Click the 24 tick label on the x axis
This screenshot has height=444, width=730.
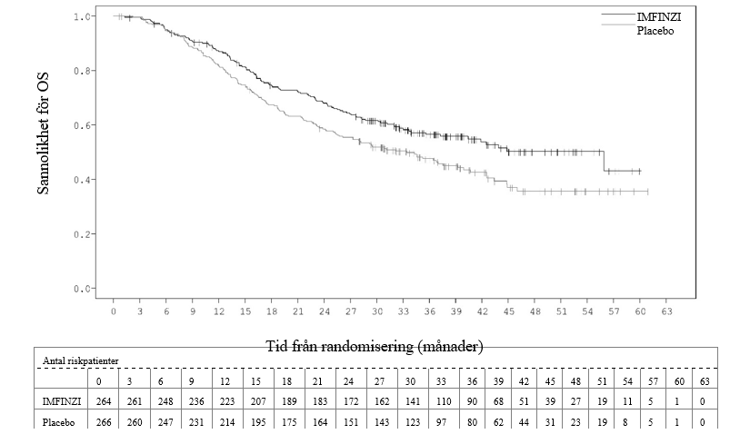325,311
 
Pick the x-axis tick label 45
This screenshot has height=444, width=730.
509,311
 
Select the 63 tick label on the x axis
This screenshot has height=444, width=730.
666,311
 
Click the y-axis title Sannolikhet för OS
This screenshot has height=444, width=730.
43,133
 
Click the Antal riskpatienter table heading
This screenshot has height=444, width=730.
81,360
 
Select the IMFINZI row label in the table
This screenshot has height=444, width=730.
62,401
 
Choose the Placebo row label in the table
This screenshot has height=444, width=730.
59,422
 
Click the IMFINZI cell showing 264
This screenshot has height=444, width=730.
104,401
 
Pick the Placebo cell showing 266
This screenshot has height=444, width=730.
104,422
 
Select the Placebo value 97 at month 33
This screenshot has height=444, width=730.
441,422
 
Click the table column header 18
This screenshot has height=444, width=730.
286,381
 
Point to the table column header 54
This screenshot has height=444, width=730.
627,381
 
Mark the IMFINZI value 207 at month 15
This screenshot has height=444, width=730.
258,401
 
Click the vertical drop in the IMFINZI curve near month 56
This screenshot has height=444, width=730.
604,162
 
